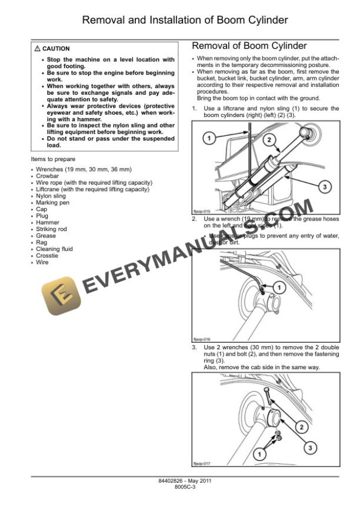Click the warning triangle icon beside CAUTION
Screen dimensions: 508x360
[x=38, y=49]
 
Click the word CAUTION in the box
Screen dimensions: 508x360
[x=56, y=49]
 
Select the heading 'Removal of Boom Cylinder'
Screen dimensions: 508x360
[x=249, y=45]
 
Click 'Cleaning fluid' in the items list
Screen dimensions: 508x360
[x=54, y=249]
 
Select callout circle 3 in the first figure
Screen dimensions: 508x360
[x=323, y=186]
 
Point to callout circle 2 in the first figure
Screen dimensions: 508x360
[x=268, y=139]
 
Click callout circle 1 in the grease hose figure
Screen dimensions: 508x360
[x=280, y=287]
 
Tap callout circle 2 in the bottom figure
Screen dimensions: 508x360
[x=301, y=427]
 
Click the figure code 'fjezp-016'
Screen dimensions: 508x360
[x=201, y=339]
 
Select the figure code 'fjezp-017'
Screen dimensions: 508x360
[x=201, y=463]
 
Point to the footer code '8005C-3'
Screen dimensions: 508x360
[x=180, y=487]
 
